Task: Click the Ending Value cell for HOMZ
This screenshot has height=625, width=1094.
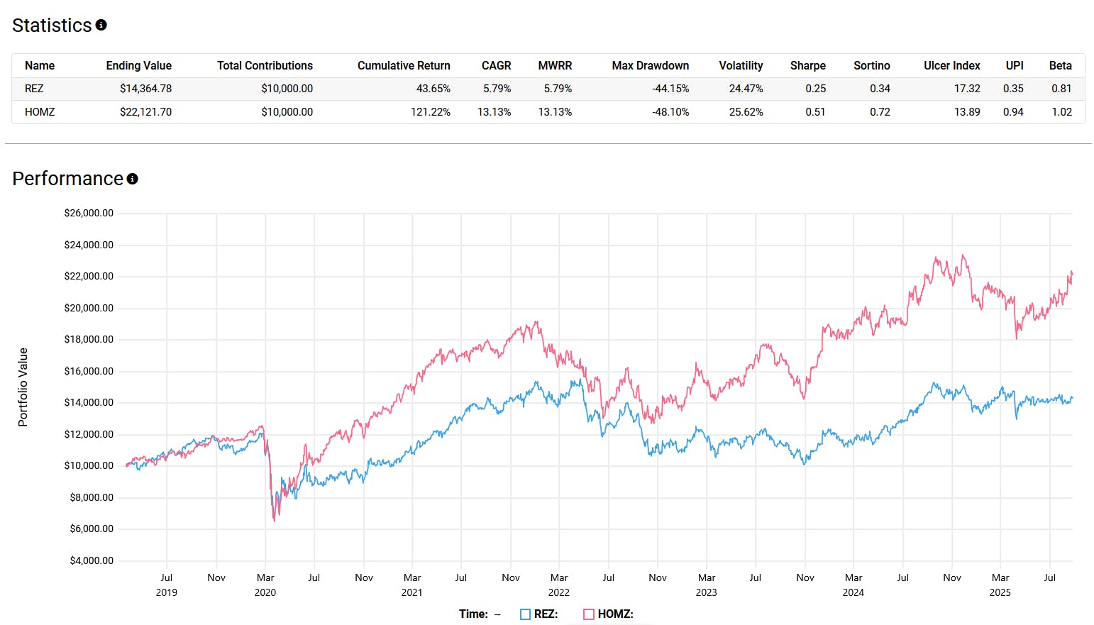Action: click(145, 112)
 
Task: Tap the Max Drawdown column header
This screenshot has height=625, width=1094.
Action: click(650, 65)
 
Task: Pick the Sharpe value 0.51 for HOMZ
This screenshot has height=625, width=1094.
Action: click(815, 112)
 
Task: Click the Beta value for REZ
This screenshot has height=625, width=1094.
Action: click(1061, 89)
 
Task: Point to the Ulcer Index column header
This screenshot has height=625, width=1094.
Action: click(951, 65)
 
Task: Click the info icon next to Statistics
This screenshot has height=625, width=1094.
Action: click(101, 25)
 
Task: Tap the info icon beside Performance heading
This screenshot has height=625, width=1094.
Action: click(133, 179)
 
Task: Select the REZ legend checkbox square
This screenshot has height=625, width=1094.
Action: click(525, 614)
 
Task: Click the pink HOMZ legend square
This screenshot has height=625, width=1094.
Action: click(588, 614)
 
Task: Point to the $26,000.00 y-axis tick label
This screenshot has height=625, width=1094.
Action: click(89, 213)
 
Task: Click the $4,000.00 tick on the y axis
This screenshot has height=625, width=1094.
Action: click(92, 560)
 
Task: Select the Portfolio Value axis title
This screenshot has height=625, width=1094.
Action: click(23, 387)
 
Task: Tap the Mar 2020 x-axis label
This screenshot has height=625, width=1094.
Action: click(265, 585)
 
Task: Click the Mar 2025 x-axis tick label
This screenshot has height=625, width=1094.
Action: click(1000, 585)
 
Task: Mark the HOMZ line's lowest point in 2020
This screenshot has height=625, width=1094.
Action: click(275, 521)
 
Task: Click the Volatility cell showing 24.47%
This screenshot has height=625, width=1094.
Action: click(746, 89)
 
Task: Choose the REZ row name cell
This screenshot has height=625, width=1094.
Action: click(34, 89)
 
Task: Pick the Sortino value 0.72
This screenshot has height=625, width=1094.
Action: click(880, 112)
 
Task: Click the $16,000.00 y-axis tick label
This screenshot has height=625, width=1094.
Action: click(89, 371)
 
